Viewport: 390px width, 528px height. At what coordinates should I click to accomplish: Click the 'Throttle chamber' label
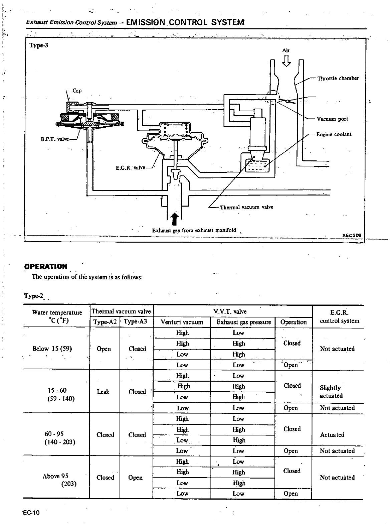(x=338, y=78)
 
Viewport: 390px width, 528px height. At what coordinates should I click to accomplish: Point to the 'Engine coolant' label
(x=334, y=134)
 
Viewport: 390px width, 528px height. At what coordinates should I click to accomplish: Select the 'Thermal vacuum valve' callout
(x=246, y=207)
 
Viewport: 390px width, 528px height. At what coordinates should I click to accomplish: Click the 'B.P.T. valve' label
(x=54, y=139)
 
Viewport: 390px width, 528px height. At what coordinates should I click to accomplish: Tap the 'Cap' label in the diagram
(x=77, y=91)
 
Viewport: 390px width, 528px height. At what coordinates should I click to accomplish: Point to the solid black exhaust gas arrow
(x=175, y=220)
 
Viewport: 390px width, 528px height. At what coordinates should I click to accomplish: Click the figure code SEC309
(x=352, y=235)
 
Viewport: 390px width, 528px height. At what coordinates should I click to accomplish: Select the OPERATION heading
(x=46, y=266)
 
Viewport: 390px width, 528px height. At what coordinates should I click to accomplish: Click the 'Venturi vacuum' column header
(x=182, y=322)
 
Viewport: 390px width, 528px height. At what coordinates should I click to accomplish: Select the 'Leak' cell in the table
(x=103, y=392)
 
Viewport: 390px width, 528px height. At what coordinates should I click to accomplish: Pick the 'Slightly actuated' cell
(x=331, y=392)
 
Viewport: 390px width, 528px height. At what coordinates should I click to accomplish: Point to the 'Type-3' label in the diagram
(x=39, y=45)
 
